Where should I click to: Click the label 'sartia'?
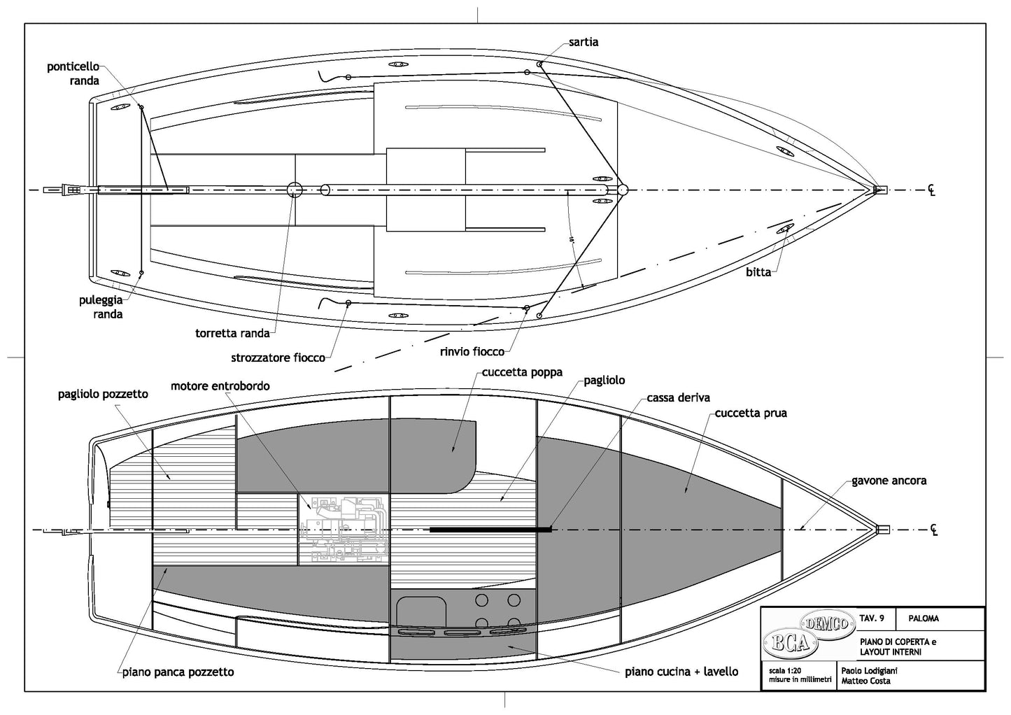[x=583, y=42]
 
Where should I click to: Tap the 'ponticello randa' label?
[x=73, y=73]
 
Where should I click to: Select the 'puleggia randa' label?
[x=101, y=307]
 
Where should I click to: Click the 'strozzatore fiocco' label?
[x=278, y=357]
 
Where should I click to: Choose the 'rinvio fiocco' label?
[x=472, y=351]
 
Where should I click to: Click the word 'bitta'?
[x=758, y=271]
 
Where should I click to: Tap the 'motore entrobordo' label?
[x=220, y=385]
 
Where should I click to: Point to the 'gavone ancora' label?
[x=889, y=481]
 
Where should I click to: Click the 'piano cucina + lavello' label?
[x=681, y=672]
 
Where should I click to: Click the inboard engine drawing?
[x=344, y=529]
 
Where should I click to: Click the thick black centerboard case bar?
[x=490, y=530]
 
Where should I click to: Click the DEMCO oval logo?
[x=828, y=622]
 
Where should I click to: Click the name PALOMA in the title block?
[x=924, y=618]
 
